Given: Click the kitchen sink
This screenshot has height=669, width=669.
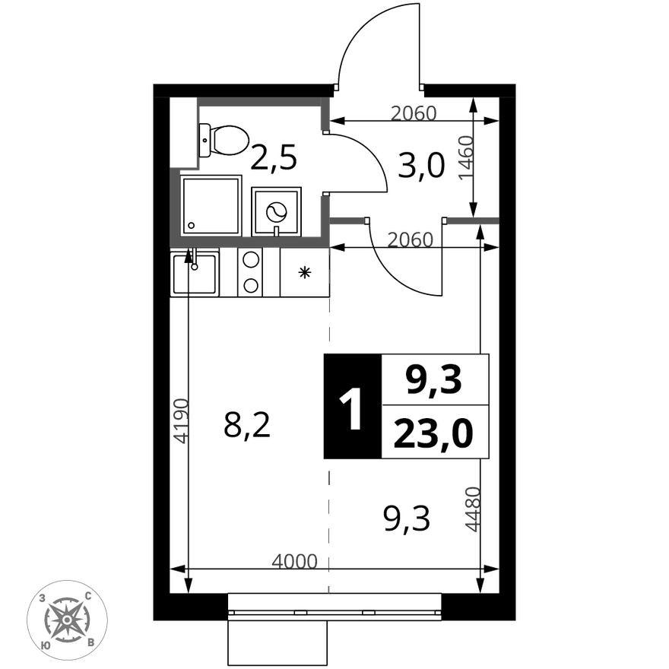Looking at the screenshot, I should point(195,273).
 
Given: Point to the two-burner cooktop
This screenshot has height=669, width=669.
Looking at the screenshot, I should point(250,272).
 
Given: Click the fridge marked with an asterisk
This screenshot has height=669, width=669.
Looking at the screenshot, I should point(305,272).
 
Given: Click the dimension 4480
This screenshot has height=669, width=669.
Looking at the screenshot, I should point(472,509).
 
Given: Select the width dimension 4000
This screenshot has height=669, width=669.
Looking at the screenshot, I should point(294,562).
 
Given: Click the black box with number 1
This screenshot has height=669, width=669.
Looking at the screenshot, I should point(352,407).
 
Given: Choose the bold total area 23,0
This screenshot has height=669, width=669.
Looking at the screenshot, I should point(434,433).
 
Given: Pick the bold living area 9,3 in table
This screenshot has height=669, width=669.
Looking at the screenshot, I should point(434,379).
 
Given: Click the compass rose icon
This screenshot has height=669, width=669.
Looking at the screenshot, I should point(67,620).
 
